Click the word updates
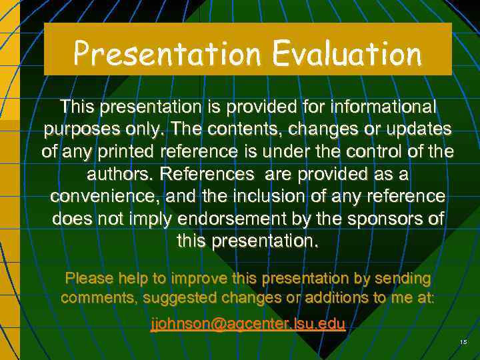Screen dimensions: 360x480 [417, 129]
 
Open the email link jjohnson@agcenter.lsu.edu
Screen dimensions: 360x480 [247, 325]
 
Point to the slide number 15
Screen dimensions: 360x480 [463, 342]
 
